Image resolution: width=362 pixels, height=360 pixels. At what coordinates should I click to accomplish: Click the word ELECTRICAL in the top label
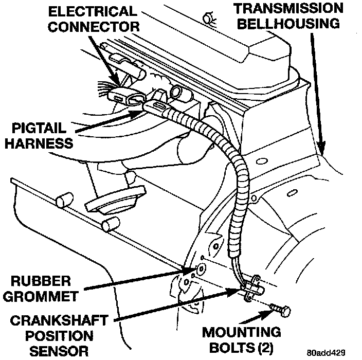click(x=93, y=11)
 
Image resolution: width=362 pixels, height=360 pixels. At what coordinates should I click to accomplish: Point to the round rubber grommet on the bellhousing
click(x=200, y=268)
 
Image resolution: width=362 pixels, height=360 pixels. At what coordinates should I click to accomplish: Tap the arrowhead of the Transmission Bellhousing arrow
click(x=323, y=150)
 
